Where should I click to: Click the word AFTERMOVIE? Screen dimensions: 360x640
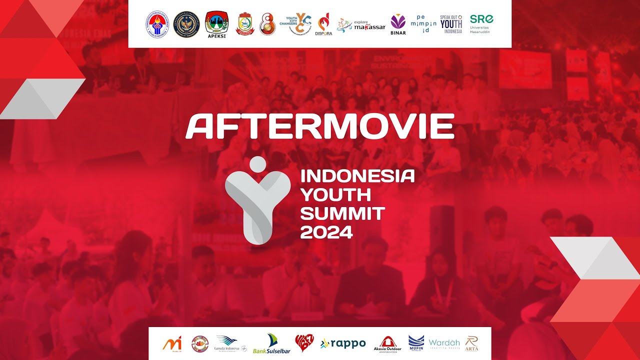click(x=320, y=126)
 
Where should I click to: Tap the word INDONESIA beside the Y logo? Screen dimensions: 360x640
click(x=357, y=176)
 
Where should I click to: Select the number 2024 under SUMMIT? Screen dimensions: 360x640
click(x=326, y=232)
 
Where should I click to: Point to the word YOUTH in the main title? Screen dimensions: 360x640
click(x=335, y=194)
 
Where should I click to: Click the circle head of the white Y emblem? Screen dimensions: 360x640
click(x=257, y=164)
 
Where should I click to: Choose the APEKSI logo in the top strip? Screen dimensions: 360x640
click(x=216, y=24)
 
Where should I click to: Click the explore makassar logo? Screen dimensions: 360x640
click(x=361, y=25)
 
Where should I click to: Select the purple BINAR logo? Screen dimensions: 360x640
click(x=398, y=24)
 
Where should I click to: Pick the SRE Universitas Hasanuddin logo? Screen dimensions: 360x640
click(x=481, y=23)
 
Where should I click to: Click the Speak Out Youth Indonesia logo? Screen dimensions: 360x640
click(x=451, y=24)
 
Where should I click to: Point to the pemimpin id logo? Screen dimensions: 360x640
click(x=423, y=23)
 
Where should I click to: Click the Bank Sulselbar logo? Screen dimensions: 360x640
click(x=271, y=344)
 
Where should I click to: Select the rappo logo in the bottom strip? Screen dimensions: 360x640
click(x=343, y=343)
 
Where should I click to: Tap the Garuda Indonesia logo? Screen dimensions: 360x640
click(x=230, y=343)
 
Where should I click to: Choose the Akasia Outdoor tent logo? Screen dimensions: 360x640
click(x=387, y=343)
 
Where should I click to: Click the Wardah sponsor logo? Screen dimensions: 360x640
click(x=444, y=343)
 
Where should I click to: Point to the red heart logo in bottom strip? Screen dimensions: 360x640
click(x=305, y=343)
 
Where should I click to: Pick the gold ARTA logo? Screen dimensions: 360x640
click(x=471, y=343)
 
